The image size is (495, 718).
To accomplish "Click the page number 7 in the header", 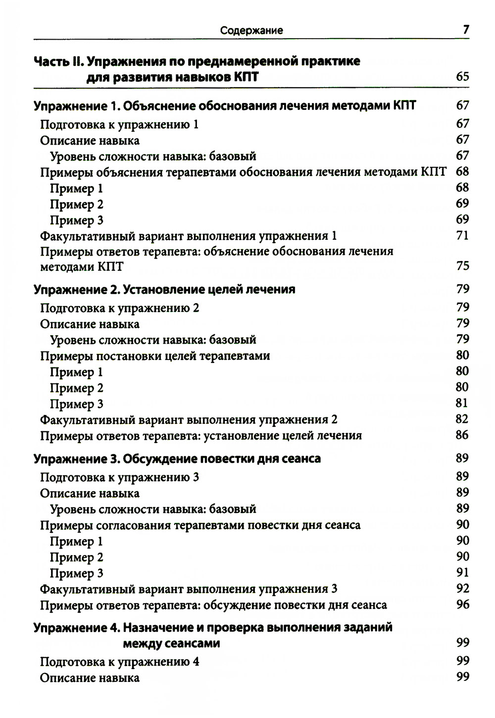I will pyautogui.click(x=465, y=30).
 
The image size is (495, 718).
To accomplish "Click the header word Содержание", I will pyautogui.click(x=251, y=31).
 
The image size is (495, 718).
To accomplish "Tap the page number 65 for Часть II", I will pyautogui.click(x=462, y=77).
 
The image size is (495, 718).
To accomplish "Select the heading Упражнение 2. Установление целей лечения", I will pyautogui.click(x=164, y=289).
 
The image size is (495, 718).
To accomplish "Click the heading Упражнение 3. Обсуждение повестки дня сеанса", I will pyautogui.click(x=177, y=459).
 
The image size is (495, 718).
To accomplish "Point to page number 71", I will pyautogui.click(x=462, y=236).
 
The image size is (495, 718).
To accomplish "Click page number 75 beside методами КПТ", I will pyautogui.click(x=462, y=266).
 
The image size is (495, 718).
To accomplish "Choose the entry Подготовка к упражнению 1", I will pyautogui.click(x=119, y=124).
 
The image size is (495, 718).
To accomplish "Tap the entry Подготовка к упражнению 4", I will pyautogui.click(x=119, y=662).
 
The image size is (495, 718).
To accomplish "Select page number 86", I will pyautogui.click(x=462, y=435).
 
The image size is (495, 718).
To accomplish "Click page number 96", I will pyautogui.click(x=462, y=605).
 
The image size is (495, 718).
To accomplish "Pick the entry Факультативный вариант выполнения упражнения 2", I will pyautogui.click(x=189, y=420).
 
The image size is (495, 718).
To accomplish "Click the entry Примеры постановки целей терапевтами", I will pyautogui.click(x=155, y=356).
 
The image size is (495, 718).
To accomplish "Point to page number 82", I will pyautogui.click(x=462, y=419).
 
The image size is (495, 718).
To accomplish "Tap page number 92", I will pyautogui.click(x=462, y=589).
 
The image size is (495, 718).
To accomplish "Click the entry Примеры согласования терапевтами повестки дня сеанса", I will pyautogui.click(x=200, y=525).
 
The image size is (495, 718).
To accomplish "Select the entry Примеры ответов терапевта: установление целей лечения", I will pyautogui.click(x=201, y=436).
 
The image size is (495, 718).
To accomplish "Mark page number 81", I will pyautogui.click(x=462, y=404).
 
